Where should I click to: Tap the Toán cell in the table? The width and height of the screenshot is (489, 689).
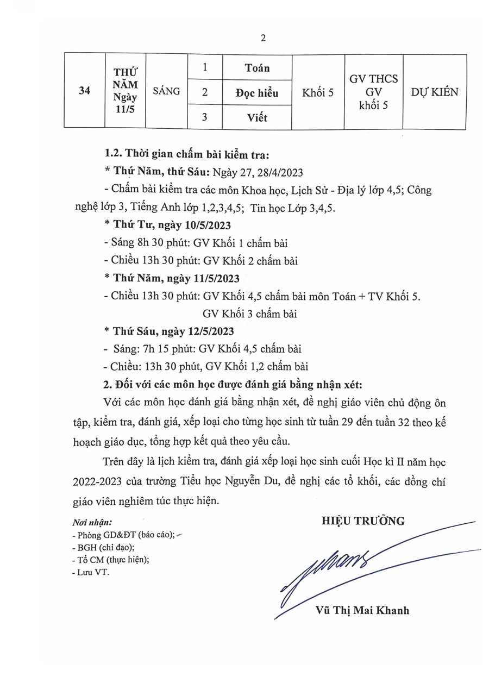[257, 68]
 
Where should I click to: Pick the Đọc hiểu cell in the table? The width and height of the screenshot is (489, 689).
[257, 93]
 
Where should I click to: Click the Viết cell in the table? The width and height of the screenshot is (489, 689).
[257, 117]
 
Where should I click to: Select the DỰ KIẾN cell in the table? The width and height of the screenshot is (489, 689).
[434, 92]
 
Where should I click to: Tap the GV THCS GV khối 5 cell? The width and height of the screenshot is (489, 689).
[374, 92]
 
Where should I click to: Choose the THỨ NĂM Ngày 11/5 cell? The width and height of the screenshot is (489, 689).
[126, 91]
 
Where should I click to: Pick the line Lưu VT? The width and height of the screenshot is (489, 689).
[90, 571]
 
